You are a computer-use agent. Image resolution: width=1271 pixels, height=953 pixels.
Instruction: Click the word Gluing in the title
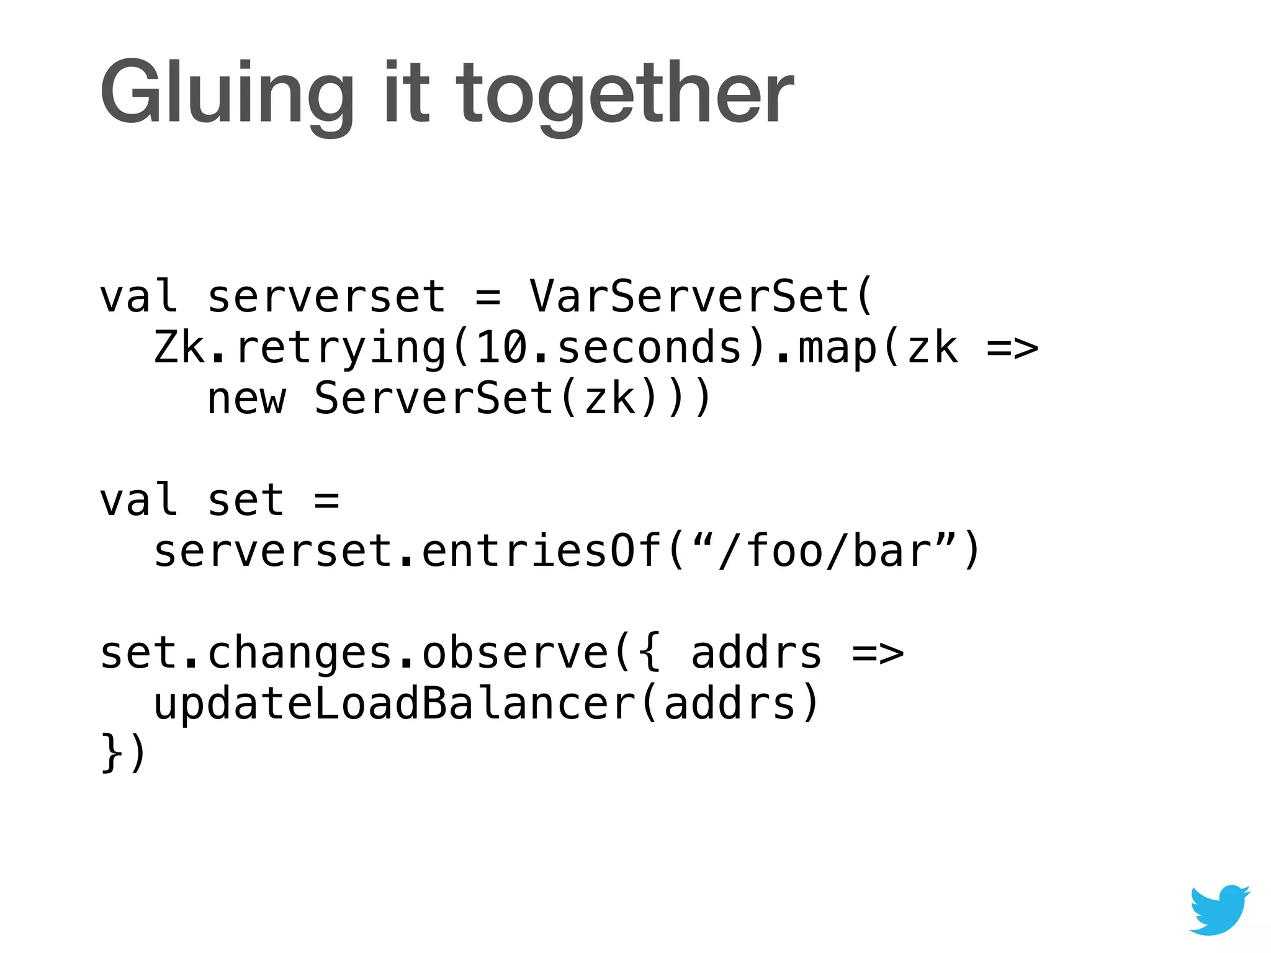pos(227,93)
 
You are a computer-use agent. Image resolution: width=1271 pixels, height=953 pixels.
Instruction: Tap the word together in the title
pos(625,93)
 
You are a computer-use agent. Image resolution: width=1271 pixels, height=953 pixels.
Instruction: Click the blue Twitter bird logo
pos(1219,909)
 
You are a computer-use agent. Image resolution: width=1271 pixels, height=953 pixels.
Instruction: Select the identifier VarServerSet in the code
pos(689,296)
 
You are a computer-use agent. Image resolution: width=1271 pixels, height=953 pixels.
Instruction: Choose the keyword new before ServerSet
pos(246,398)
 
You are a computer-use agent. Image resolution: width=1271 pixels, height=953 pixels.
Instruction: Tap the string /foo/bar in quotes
pos(825,551)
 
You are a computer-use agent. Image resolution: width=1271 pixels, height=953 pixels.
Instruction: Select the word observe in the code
pos(516,653)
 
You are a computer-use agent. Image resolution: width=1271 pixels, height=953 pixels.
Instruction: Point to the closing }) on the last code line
pos(124,753)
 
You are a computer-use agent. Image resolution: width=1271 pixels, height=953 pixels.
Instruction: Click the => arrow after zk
pos(1012,348)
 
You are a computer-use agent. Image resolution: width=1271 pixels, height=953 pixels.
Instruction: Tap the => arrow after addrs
pos(878,654)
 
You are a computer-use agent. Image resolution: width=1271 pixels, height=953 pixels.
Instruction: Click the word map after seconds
pos(838,348)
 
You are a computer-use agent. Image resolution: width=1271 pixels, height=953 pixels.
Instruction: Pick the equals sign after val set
pos(327,500)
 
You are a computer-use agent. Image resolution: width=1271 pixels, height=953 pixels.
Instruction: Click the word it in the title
pos(406,93)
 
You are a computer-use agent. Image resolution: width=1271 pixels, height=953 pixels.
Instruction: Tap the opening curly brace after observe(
pos(649,653)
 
